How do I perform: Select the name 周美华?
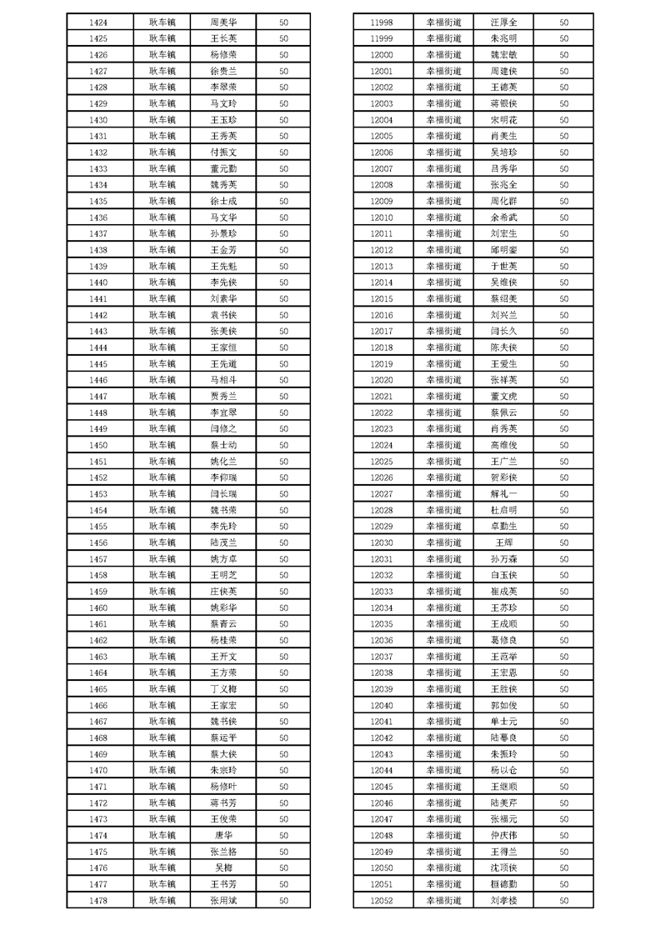tap(223, 22)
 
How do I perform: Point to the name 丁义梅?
tap(223, 689)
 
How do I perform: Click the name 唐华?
tap(223, 836)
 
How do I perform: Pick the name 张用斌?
tap(223, 901)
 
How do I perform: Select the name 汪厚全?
tap(503, 22)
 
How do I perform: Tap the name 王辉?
tap(503, 542)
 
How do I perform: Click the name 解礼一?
tap(503, 494)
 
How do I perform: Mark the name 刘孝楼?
tap(503, 901)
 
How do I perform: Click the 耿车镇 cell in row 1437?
tap(163, 233)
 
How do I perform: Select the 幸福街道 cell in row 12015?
tap(443, 298)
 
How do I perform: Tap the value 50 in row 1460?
tap(283, 607)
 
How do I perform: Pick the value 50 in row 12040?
tap(564, 705)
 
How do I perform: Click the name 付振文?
tap(223, 152)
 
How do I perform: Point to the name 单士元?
tap(503, 722)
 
